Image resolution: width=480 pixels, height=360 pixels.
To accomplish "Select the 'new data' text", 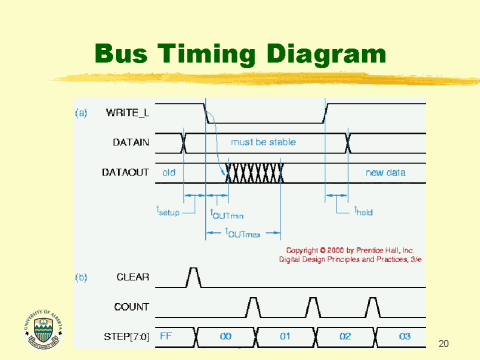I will tap(384, 172).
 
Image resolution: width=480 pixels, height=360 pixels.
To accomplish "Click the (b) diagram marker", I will tap(81, 275).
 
